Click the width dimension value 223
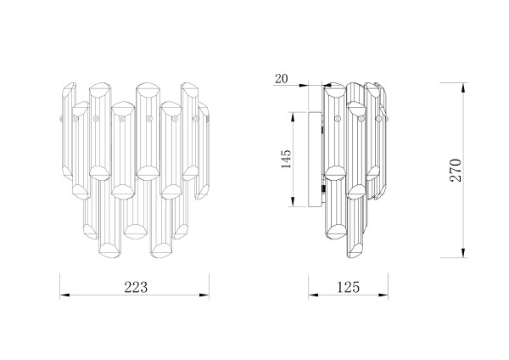[136, 287]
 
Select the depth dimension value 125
[349, 287]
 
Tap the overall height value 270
[456, 171]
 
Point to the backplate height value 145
[286, 160]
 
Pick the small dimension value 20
[281, 79]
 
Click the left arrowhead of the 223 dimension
[64, 295]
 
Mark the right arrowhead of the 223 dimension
[204, 295]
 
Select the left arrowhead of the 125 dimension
[313, 295]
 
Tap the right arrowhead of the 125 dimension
[383, 295]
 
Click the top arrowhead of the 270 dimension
[464, 87]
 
